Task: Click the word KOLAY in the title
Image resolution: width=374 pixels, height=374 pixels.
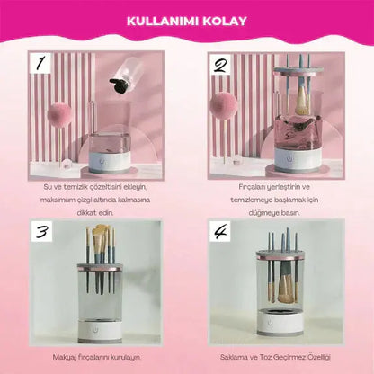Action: [x=225, y=22]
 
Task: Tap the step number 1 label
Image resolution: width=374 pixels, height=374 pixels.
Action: [x=40, y=64]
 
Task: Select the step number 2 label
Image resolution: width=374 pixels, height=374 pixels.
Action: [x=220, y=65]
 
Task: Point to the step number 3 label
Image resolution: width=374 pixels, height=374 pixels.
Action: [x=41, y=231]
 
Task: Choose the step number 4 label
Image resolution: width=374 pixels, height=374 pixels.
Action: [x=220, y=231]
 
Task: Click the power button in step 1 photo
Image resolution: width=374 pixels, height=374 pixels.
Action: [x=102, y=162]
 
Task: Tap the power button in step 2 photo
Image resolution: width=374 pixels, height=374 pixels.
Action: [x=289, y=158]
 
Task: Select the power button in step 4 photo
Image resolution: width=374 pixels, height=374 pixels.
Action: [x=270, y=323]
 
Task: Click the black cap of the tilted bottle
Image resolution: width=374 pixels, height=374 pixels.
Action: [x=118, y=85]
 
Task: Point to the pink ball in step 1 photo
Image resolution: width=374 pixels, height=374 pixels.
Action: [x=59, y=115]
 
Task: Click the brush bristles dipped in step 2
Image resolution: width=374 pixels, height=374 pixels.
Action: [x=302, y=106]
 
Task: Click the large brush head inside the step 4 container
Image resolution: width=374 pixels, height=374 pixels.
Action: [x=285, y=289]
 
